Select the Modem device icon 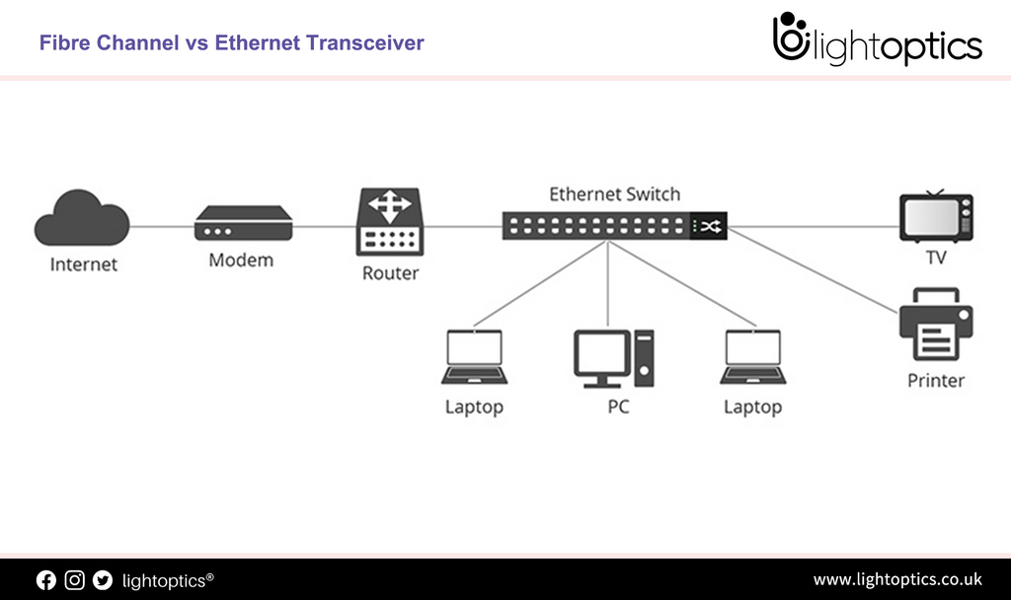[x=243, y=224]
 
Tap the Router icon [x=390, y=223]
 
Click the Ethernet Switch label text [x=614, y=194]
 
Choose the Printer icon [x=935, y=326]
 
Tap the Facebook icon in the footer [x=46, y=580]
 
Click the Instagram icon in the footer [x=75, y=580]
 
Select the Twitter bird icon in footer [x=103, y=580]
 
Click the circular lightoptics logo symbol [x=791, y=39]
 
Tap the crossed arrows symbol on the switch [x=709, y=227]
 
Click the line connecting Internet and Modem [x=161, y=226]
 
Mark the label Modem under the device [x=241, y=261]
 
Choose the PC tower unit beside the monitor [x=645, y=358]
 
